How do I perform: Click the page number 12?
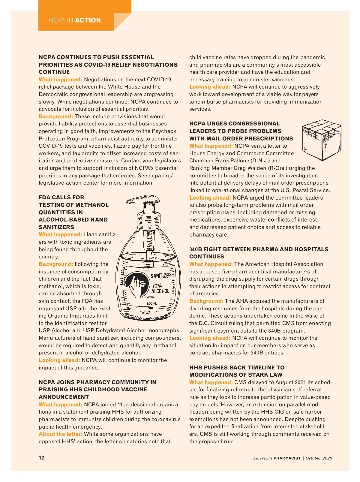(x=41, y=458)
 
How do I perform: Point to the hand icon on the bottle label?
(x=137, y=285)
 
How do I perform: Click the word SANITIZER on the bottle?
(x=160, y=276)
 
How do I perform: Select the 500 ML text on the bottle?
(x=152, y=303)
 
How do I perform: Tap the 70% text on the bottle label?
(x=157, y=285)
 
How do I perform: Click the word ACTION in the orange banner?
(x=88, y=20)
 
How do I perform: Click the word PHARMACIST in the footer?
(x=287, y=458)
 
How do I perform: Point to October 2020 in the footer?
(x=319, y=458)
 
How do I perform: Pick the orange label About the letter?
(x=60, y=434)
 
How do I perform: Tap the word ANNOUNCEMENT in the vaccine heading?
(x=64, y=397)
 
